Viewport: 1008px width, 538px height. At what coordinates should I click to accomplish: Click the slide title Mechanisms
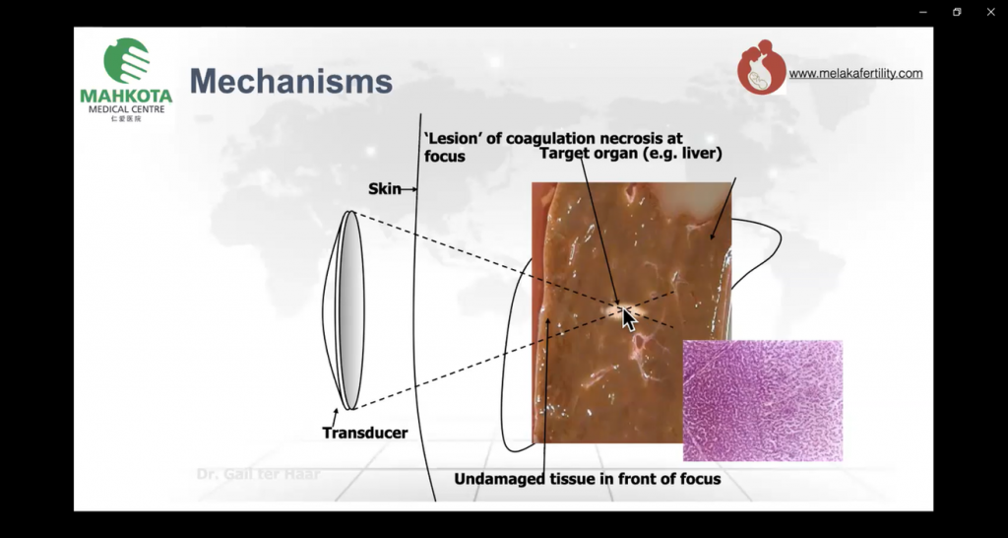click(x=290, y=81)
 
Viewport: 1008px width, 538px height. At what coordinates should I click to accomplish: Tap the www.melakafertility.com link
click(x=855, y=73)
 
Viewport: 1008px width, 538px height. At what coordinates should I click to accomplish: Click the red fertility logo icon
click(x=761, y=68)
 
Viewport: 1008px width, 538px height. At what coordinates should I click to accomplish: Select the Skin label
click(x=384, y=188)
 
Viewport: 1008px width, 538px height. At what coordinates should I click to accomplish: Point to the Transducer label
click(x=364, y=433)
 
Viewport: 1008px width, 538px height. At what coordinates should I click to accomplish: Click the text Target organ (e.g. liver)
click(x=630, y=155)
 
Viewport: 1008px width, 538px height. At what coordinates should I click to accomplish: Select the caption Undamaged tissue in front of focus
click(x=587, y=479)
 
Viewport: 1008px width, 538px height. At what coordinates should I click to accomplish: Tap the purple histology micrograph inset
click(x=762, y=400)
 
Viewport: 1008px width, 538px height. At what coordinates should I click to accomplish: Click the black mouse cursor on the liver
click(x=629, y=319)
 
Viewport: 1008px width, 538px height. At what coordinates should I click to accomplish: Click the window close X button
click(x=990, y=12)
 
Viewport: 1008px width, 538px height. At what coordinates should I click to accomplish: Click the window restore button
click(x=956, y=12)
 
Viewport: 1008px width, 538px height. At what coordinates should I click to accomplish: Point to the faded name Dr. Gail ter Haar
click(x=259, y=474)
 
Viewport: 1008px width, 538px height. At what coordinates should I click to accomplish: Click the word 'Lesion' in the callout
click(x=452, y=139)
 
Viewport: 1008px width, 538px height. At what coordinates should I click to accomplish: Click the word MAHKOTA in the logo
click(x=126, y=97)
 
